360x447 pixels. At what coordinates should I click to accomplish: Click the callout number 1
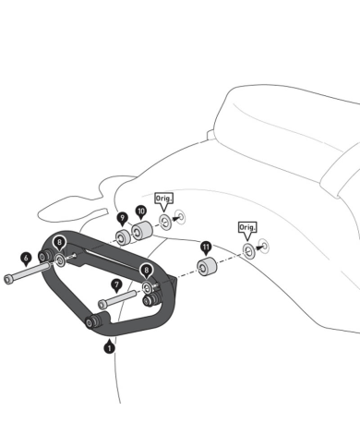coord(109,347)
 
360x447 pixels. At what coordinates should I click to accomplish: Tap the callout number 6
coord(25,258)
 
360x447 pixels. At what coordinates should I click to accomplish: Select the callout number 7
coord(115,284)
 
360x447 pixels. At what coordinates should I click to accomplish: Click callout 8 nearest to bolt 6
coord(59,243)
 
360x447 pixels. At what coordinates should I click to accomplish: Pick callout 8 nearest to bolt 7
coord(146,270)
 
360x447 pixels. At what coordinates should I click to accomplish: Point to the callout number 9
coord(122,217)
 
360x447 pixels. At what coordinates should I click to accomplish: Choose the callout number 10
coord(141,211)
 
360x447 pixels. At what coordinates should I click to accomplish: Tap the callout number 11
coord(205,248)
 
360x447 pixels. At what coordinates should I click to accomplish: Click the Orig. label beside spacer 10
coord(163,199)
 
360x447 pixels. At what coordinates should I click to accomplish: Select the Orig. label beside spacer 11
coord(246,227)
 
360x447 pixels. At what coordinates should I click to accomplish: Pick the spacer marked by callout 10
coord(142,231)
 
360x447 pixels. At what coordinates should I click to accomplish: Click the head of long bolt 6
coord(9,278)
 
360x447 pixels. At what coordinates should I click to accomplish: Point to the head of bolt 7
coord(102,304)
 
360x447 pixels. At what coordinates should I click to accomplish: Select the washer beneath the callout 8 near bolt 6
coord(60,261)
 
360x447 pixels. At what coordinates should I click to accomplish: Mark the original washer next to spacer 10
coord(165,222)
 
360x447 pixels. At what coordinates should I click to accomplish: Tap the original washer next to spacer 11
coord(247,250)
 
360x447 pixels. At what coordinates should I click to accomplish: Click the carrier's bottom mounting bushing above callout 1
coord(91,322)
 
